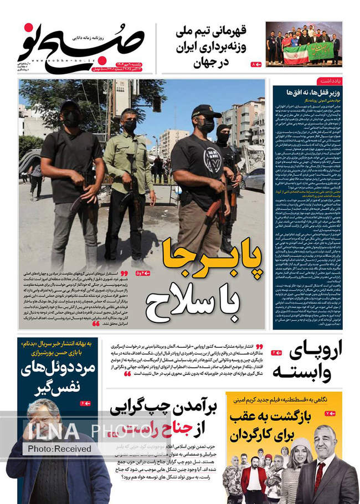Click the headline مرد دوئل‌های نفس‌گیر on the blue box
point(51,377)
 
